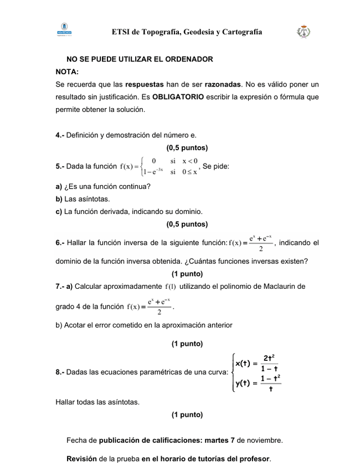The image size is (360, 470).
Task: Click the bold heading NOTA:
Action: point(67,71)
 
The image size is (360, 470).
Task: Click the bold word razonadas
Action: point(223,84)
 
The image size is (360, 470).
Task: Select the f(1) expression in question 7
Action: point(170,286)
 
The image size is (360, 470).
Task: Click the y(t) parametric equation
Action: point(258,383)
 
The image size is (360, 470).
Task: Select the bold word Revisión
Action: point(82,458)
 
